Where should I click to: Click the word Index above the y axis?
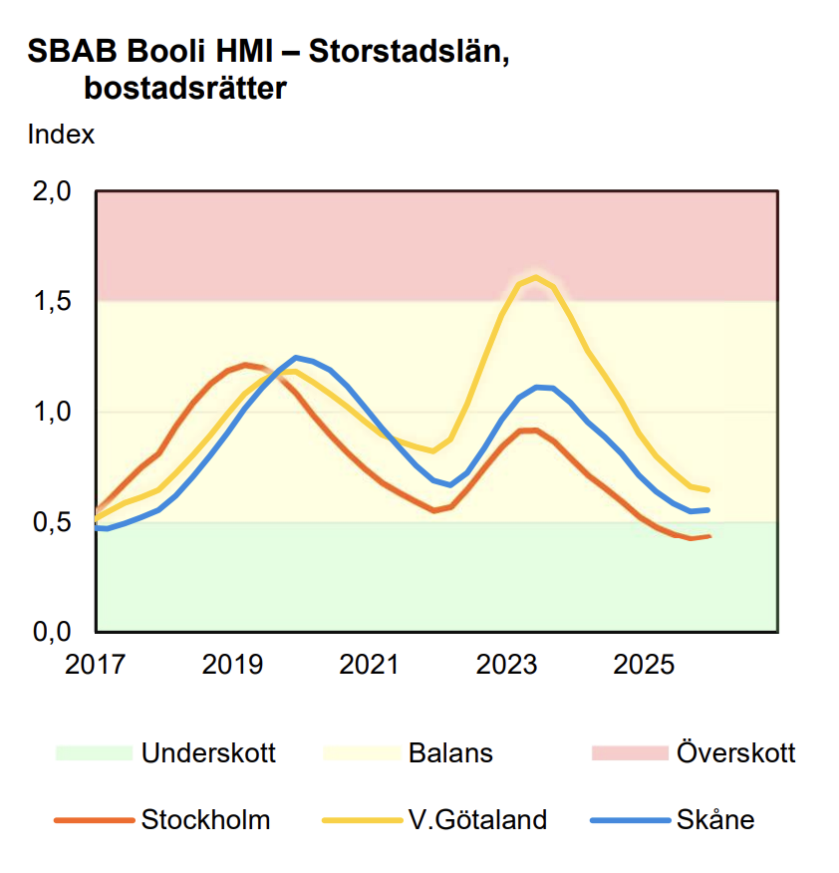62,135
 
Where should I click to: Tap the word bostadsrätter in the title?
185,89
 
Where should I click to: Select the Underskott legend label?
208,752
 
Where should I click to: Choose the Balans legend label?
450,752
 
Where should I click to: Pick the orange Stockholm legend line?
94,820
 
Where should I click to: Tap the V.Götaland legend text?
477,820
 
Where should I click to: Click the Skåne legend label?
715,820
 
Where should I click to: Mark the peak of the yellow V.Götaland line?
536,277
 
